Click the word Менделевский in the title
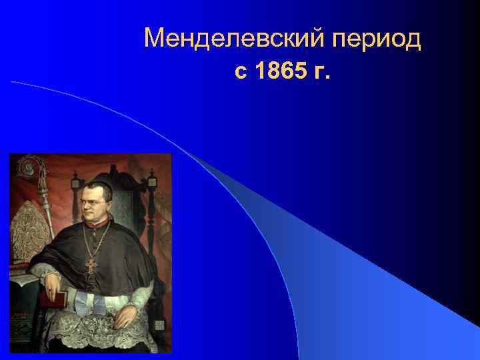click(233, 39)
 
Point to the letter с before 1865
click(241, 72)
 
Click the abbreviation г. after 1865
click(320, 71)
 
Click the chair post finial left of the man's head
click(75, 181)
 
